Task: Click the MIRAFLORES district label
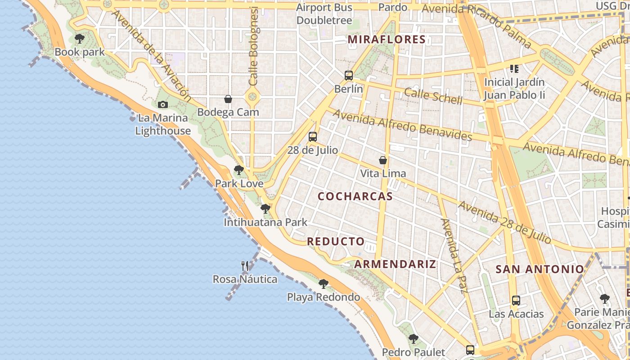point(387,40)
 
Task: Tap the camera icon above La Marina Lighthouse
point(163,105)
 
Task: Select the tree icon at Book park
point(80,39)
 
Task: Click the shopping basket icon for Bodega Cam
point(228,99)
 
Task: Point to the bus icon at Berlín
point(349,76)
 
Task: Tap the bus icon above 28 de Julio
point(313,137)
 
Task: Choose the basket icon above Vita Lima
point(383,160)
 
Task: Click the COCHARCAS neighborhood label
point(355,197)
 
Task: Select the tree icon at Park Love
point(239,170)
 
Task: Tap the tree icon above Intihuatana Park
point(265,209)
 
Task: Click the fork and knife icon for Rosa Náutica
point(245,266)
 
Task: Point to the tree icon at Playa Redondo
point(324,284)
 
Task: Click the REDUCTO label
point(336,242)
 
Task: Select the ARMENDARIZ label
point(395,264)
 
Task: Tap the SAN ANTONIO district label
point(540,270)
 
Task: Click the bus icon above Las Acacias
point(516,301)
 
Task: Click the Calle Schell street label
point(433,96)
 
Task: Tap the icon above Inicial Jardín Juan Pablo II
point(514,69)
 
